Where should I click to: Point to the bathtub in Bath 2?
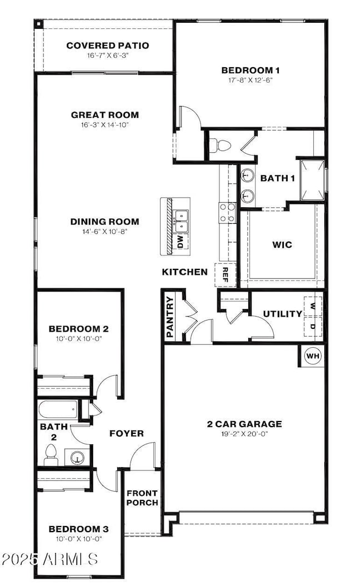pos(57,410)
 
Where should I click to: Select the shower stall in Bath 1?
pos(312,180)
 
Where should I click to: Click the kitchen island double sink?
pos(182,221)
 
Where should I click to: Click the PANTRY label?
pos(170,318)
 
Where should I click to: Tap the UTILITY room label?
pos(283,314)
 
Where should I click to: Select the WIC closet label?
pos(282,244)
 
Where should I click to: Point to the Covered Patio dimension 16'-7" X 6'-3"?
pos(107,56)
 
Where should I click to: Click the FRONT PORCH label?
pos(142,498)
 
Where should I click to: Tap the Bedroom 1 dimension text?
pos(250,80)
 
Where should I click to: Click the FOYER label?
pos(126,433)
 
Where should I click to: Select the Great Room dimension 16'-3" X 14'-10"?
pos(104,125)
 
